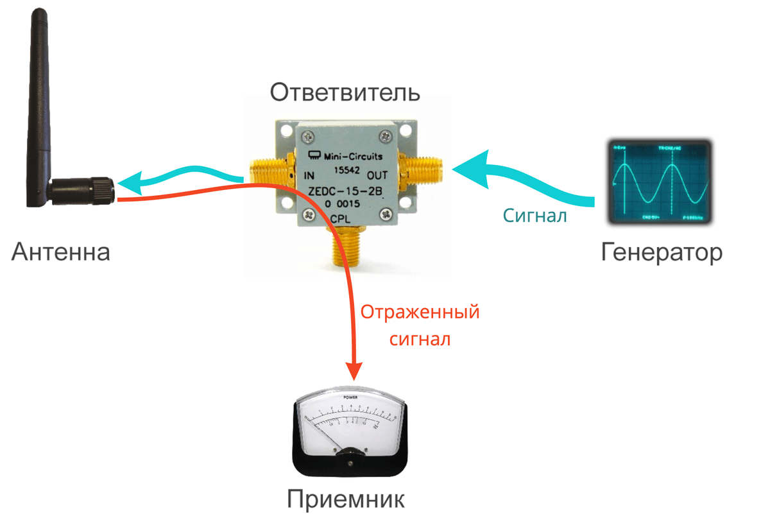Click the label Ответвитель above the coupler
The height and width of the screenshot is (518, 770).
pyautogui.click(x=345, y=92)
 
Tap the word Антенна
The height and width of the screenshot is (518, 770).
pyautogui.click(x=61, y=252)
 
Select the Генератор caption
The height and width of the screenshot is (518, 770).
pyautogui.click(x=662, y=252)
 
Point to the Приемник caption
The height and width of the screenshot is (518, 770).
pyautogui.click(x=346, y=499)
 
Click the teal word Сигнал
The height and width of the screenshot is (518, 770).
pyautogui.click(x=535, y=216)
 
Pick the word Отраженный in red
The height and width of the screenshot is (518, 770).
pyautogui.click(x=420, y=313)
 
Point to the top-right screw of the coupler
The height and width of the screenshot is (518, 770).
pyautogui.click(x=385, y=135)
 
